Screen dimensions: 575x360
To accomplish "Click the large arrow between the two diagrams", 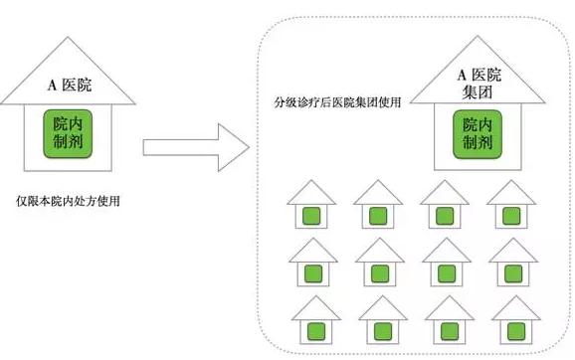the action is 196,147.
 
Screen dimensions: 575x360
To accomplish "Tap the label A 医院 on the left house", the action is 70,86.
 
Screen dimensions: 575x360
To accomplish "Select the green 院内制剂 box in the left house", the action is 68,134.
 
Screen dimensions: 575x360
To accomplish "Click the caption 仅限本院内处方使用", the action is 68,201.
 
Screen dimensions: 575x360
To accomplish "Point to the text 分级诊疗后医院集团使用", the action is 337,101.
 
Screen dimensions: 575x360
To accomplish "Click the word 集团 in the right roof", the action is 478,91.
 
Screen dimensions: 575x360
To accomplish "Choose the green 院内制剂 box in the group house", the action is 478,134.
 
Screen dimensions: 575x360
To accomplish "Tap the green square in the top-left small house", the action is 311,216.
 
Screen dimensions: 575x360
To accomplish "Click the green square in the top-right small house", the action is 511,216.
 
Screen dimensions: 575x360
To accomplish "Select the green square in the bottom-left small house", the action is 315,331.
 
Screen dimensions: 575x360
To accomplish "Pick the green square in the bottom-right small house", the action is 516,331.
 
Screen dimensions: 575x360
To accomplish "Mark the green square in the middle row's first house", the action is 313,273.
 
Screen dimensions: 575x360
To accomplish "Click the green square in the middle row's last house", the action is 513,273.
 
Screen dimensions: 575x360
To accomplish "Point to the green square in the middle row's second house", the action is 380,273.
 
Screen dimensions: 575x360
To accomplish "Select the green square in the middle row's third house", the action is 447,273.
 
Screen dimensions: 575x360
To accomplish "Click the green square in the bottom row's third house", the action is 450,331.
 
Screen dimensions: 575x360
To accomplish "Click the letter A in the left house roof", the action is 52,86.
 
